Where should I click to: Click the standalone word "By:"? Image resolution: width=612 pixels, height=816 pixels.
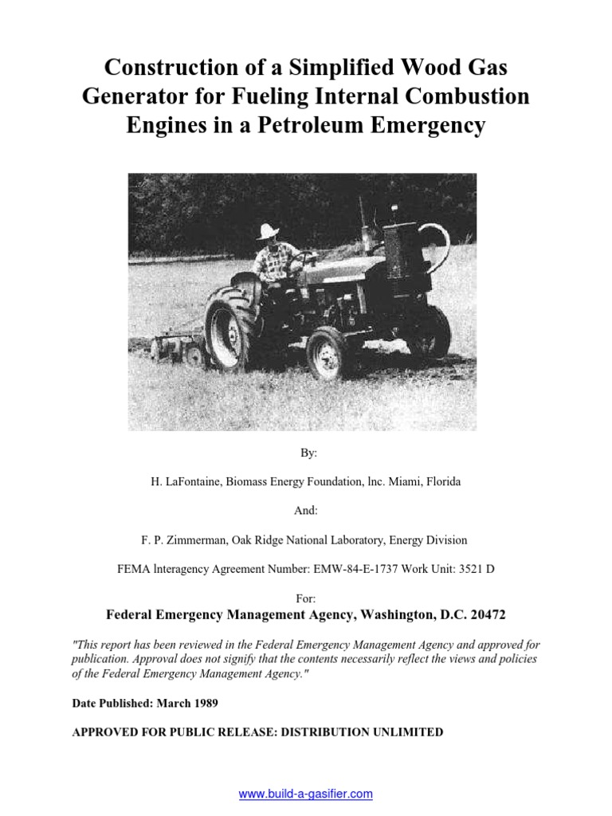pyautogui.click(x=308, y=453)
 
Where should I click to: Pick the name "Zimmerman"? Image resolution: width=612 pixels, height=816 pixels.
pyautogui.click(x=197, y=540)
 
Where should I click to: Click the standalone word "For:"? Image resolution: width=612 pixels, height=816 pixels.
pyautogui.click(x=306, y=598)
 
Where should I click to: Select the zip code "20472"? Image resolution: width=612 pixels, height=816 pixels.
pyautogui.click(x=482, y=615)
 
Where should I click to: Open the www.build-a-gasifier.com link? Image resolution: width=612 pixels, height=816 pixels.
pyautogui.click(x=306, y=794)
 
